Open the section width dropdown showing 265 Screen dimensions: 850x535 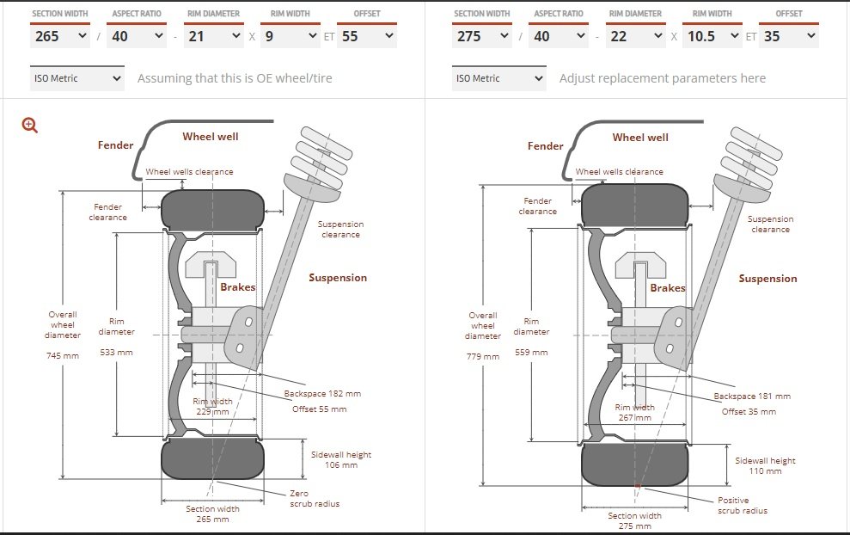click(x=60, y=36)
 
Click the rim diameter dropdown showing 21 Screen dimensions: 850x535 click(x=213, y=36)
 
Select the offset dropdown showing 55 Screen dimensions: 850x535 click(x=367, y=36)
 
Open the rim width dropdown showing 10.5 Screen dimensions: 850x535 click(x=712, y=36)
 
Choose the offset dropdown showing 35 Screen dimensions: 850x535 click(x=789, y=36)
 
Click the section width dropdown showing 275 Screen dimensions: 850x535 click(x=482, y=36)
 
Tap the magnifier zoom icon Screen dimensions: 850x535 click(x=29, y=126)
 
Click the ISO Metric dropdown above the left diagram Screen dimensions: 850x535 click(x=77, y=78)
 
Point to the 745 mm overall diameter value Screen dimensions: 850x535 click(x=63, y=356)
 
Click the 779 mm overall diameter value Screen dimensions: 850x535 click(x=482, y=356)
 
